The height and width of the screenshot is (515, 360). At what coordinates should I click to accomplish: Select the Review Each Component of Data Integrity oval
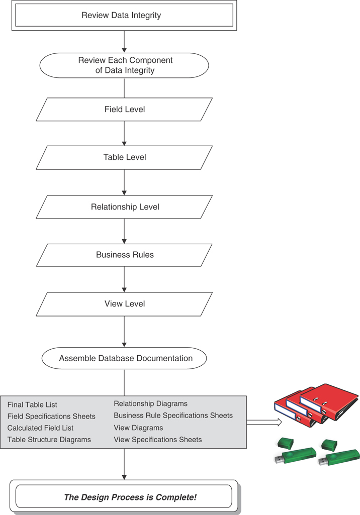[x=124, y=65]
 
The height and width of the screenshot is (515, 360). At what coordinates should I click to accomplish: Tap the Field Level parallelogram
[x=124, y=109]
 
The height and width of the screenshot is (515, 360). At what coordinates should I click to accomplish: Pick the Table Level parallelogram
[x=124, y=157]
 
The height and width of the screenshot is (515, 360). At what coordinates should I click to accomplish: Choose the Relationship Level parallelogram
[x=124, y=207]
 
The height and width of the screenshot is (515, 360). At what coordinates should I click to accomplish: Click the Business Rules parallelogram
[x=124, y=255]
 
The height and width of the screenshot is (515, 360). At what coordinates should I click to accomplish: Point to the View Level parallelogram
[x=124, y=303]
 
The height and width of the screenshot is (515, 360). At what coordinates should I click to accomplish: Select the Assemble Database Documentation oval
[x=124, y=358]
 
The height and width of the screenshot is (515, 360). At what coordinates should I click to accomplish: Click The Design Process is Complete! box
[x=124, y=497]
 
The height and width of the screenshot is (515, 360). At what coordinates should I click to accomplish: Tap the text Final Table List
[x=32, y=404]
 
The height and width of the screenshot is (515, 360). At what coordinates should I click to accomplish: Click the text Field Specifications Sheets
[x=51, y=416]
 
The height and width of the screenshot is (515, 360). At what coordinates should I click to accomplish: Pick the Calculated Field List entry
[x=40, y=428]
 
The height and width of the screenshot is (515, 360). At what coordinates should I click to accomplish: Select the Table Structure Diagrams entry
[x=49, y=440]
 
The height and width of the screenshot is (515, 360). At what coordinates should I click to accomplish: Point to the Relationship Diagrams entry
[x=150, y=403]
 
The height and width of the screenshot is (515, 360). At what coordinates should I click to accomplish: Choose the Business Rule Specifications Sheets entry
[x=173, y=416]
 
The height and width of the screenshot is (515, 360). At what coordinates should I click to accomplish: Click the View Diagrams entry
[x=138, y=428]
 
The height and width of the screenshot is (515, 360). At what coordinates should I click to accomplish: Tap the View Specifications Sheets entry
[x=157, y=440]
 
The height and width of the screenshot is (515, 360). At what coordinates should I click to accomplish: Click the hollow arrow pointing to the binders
[x=263, y=422]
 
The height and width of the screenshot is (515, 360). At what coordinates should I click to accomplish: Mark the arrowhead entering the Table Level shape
[x=124, y=142]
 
